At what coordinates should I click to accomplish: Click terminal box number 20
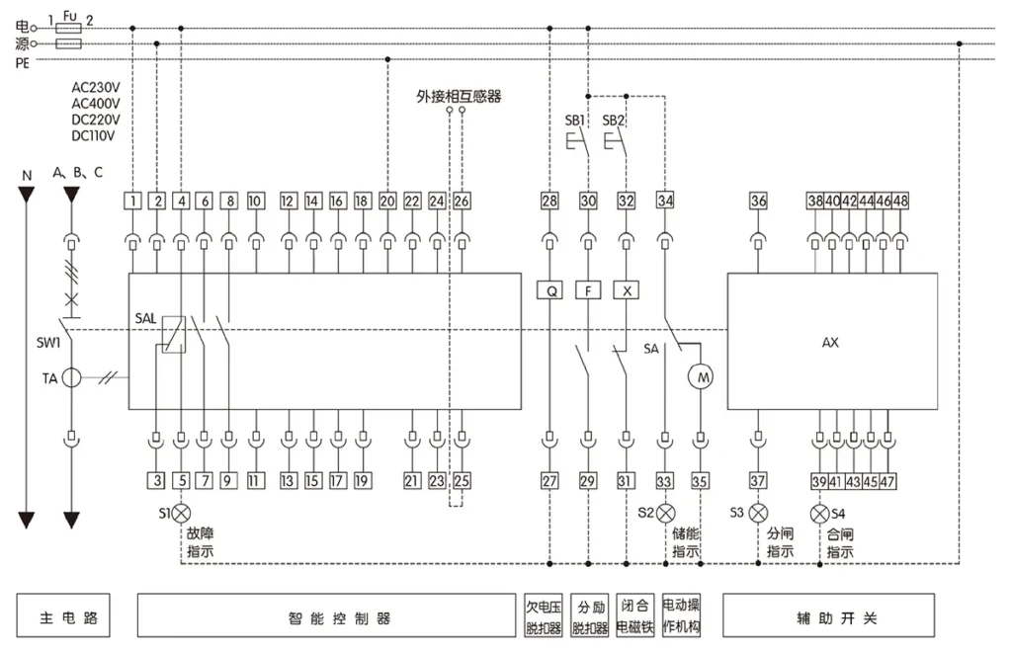pyautogui.click(x=387, y=202)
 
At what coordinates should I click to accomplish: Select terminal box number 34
pyautogui.click(x=665, y=201)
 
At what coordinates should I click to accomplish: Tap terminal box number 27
pyautogui.click(x=549, y=481)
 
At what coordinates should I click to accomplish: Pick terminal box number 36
pyautogui.click(x=758, y=201)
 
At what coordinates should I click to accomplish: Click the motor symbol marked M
pyautogui.click(x=701, y=376)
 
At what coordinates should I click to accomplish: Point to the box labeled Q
pyautogui.click(x=549, y=290)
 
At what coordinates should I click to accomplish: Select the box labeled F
pyautogui.click(x=588, y=290)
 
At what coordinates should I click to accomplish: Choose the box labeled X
pyautogui.click(x=626, y=290)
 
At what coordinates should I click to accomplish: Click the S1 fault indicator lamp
pyautogui.click(x=182, y=514)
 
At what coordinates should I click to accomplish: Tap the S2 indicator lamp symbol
pyautogui.click(x=665, y=514)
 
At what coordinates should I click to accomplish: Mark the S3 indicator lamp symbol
pyautogui.click(x=758, y=514)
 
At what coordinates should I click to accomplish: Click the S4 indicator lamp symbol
pyautogui.click(x=819, y=514)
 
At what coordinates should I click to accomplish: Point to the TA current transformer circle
pyautogui.click(x=71, y=378)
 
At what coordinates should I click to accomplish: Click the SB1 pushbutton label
pyautogui.click(x=574, y=121)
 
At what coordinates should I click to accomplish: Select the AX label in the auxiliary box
pyautogui.click(x=830, y=343)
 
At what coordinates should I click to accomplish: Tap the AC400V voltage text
pyautogui.click(x=96, y=103)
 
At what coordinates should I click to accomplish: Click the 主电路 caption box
pyautogui.click(x=63, y=615)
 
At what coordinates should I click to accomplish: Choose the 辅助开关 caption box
pyautogui.click(x=829, y=615)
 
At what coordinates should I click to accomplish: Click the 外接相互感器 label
pyautogui.click(x=459, y=97)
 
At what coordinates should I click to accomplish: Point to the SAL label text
pyautogui.click(x=145, y=318)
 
